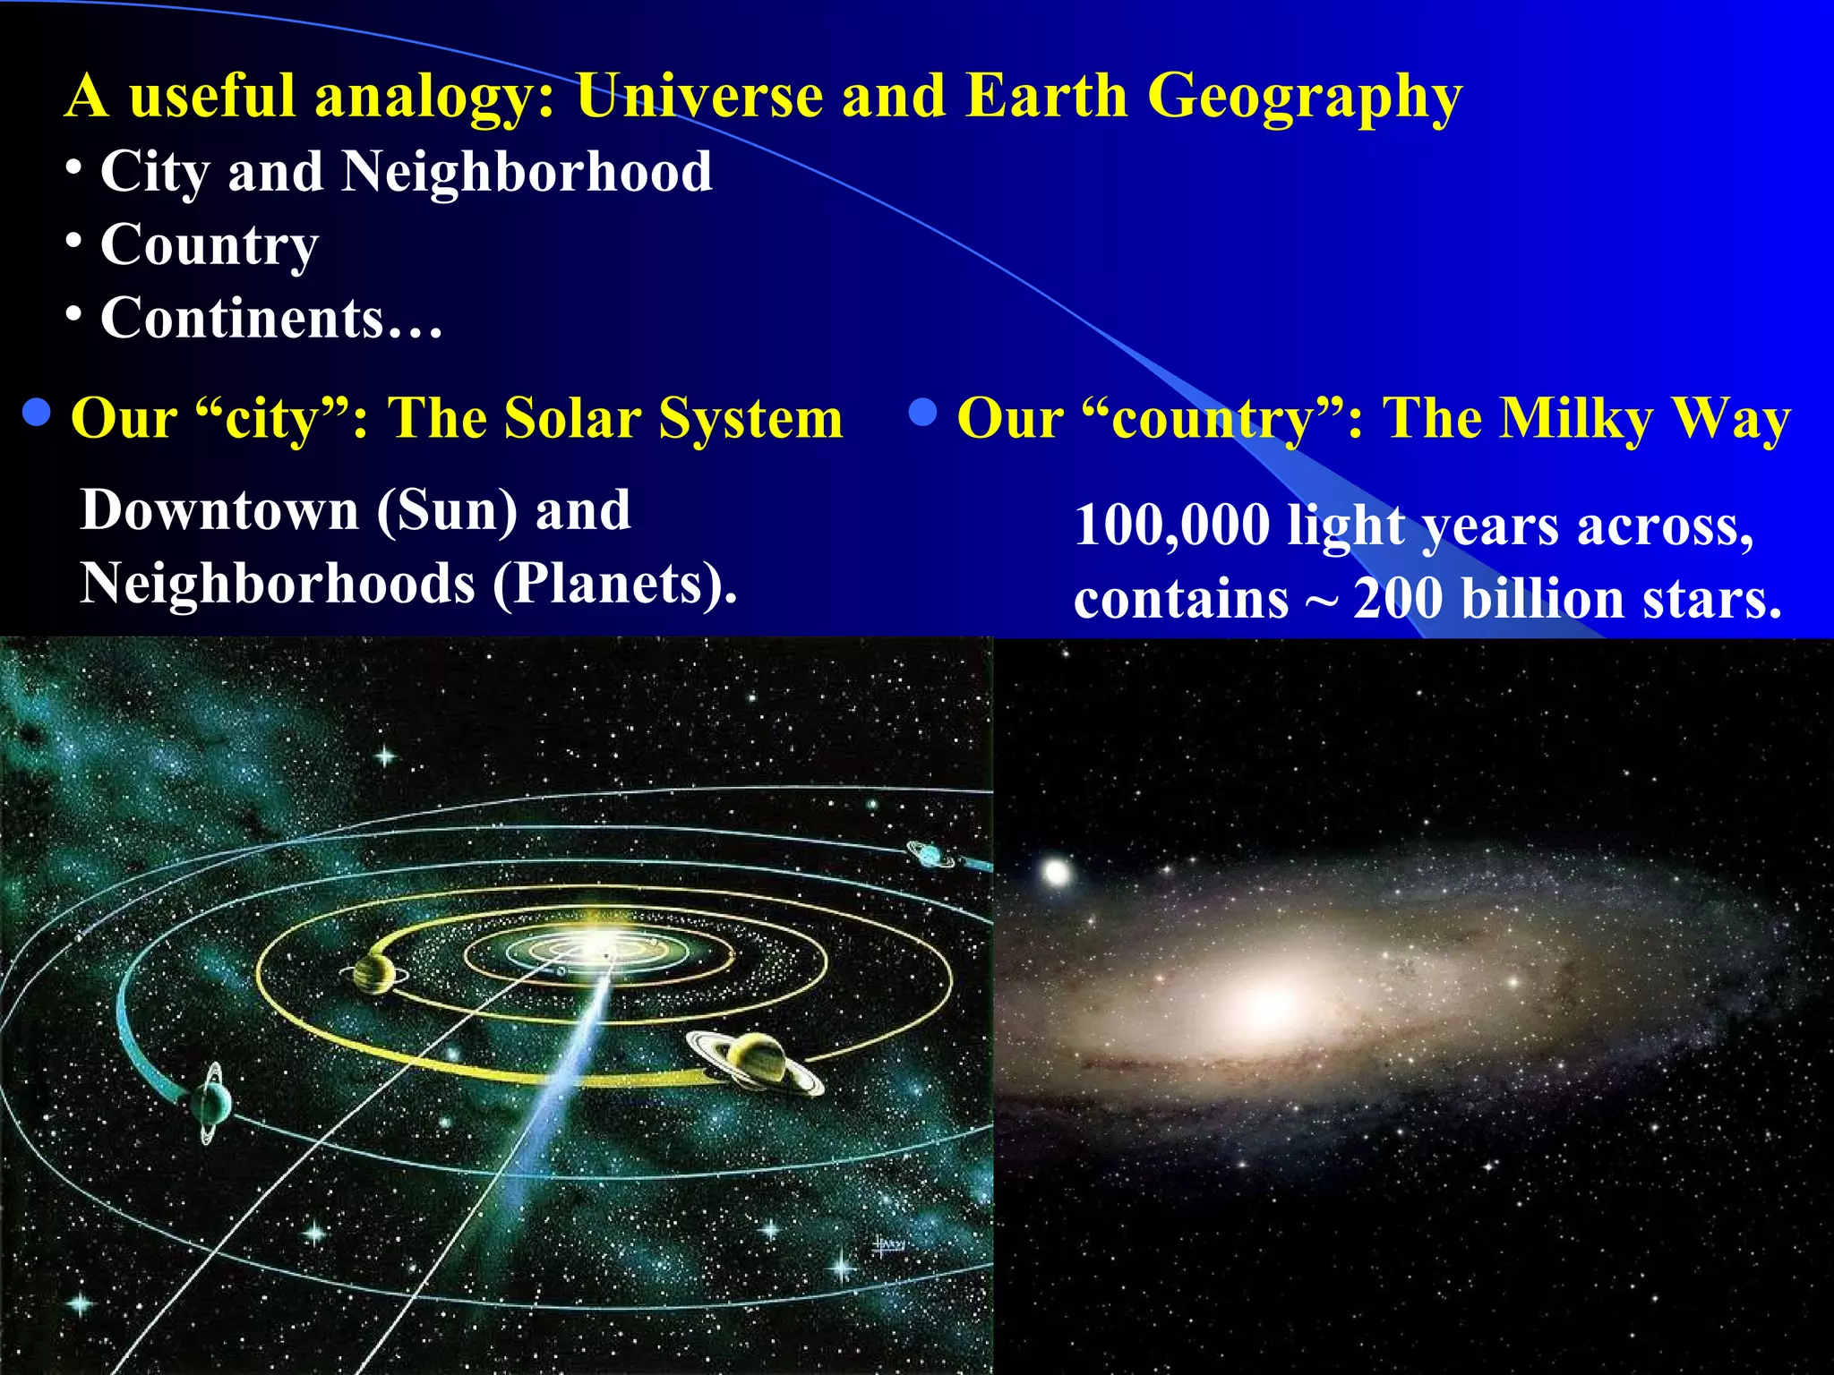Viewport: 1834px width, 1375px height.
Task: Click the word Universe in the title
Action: tap(698, 96)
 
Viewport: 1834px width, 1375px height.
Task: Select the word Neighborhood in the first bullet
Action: tap(527, 172)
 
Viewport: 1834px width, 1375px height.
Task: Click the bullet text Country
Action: tap(210, 245)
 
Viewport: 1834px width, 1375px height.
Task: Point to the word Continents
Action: tap(242, 319)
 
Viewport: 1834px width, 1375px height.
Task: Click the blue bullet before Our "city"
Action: tap(36, 413)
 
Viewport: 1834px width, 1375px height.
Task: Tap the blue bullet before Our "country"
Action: tap(922, 413)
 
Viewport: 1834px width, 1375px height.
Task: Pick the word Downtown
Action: tap(219, 510)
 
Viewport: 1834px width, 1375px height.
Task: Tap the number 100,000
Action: tap(1171, 525)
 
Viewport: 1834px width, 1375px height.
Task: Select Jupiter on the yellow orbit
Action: tap(374, 972)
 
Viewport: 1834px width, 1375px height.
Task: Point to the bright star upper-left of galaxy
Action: tap(1058, 871)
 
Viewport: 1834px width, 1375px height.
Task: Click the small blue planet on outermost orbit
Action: tap(931, 854)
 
